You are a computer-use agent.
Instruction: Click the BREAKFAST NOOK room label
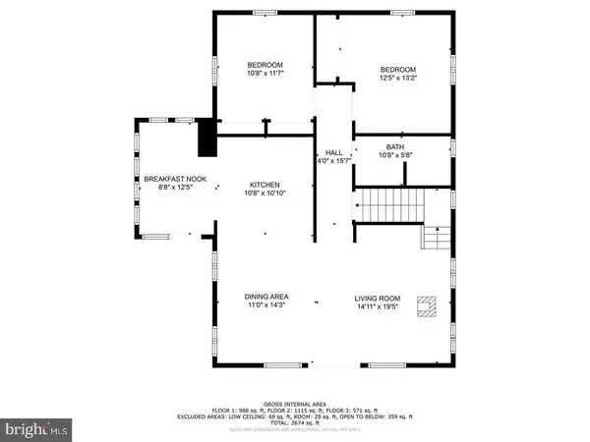click(175, 179)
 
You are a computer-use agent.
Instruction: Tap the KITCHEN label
click(265, 185)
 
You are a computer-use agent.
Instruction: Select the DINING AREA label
click(265, 296)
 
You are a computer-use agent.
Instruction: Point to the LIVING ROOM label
click(379, 296)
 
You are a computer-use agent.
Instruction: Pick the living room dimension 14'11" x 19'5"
click(379, 305)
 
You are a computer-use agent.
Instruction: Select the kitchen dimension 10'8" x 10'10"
click(265, 193)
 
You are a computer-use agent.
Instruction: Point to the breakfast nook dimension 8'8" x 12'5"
click(175, 188)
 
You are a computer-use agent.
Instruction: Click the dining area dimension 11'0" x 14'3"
click(265, 305)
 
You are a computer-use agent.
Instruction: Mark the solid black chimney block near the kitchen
click(206, 138)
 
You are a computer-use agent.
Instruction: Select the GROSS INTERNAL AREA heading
click(294, 404)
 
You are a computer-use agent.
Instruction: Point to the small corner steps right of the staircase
click(437, 238)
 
